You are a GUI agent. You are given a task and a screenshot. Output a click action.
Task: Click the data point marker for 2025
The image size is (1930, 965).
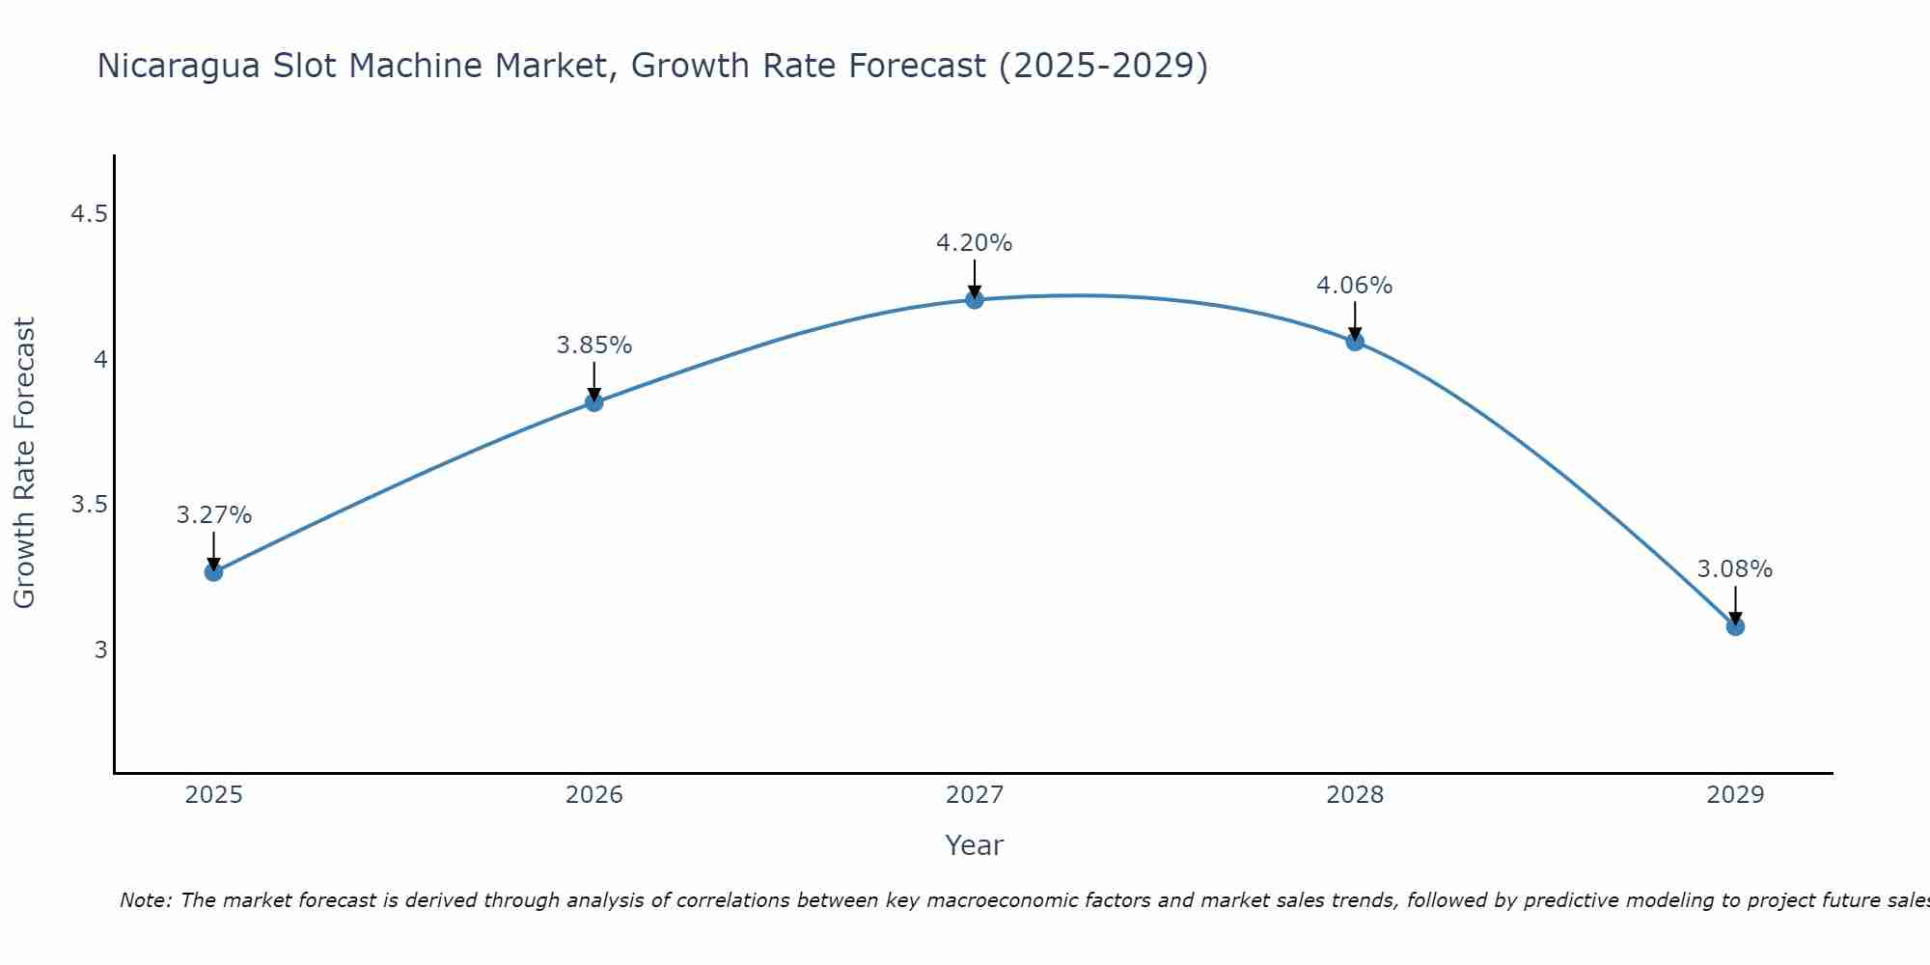(213, 572)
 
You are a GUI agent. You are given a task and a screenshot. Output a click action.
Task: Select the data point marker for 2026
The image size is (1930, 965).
(593, 402)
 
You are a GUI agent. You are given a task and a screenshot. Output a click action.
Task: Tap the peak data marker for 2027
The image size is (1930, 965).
(974, 300)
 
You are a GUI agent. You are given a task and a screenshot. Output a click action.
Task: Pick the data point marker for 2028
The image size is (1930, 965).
(1354, 342)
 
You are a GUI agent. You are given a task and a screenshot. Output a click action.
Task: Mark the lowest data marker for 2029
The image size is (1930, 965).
(1734, 627)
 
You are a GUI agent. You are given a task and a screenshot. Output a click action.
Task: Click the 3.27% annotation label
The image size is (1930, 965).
(213, 515)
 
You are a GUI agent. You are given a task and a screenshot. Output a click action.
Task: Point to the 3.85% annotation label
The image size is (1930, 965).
(593, 345)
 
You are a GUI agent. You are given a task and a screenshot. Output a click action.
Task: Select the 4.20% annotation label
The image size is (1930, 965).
(974, 243)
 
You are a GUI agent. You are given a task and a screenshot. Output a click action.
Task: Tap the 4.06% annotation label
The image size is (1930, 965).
(1354, 286)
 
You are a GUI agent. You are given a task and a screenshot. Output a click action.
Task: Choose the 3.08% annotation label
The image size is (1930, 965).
(1734, 569)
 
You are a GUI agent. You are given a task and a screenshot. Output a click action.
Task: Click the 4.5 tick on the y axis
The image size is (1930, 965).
(89, 214)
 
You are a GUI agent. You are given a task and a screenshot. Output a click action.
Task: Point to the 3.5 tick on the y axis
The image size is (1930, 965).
(89, 505)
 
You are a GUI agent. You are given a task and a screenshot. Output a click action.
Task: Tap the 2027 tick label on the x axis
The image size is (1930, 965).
(974, 795)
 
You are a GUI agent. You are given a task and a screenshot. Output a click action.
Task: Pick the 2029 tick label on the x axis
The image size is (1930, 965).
(1734, 795)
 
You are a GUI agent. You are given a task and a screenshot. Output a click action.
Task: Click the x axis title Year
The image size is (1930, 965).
(974, 845)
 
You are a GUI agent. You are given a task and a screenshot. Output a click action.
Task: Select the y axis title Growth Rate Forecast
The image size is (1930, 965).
(24, 463)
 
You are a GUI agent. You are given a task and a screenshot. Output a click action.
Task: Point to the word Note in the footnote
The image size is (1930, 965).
(145, 900)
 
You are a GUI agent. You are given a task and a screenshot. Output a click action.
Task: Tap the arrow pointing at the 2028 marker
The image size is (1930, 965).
(1354, 320)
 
